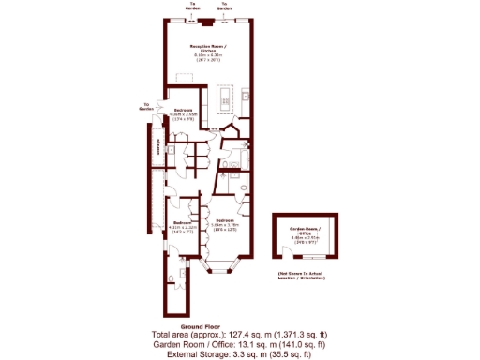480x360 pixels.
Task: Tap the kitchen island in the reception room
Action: [x=226, y=97]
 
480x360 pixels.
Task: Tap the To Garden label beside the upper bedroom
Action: [x=146, y=106]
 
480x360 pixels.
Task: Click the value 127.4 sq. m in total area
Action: [x=235, y=335]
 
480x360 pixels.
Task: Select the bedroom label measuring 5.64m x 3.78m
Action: [x=225, y=225]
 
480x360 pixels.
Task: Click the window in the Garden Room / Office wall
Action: [x=315, y=255]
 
